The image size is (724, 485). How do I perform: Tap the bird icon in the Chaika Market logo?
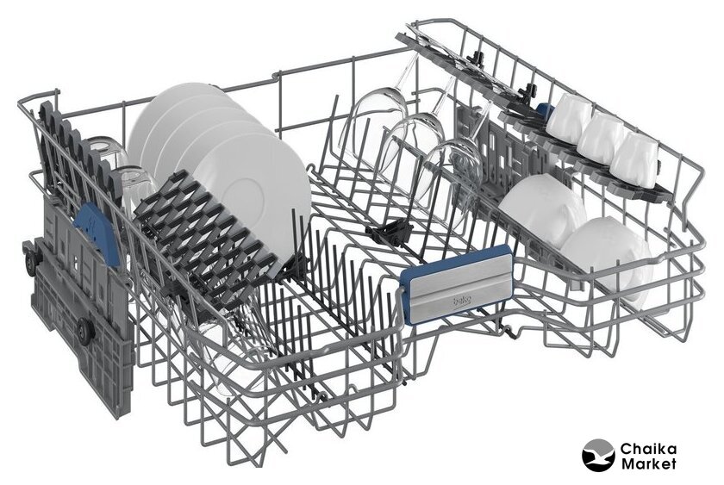(x=598, y=455)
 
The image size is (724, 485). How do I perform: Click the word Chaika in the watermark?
(x=648, y=448)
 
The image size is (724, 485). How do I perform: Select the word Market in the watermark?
(x=648, y=463)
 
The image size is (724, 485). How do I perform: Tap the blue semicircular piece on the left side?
(x=97, y=233)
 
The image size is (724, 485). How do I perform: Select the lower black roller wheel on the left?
(x=85, y=331)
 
